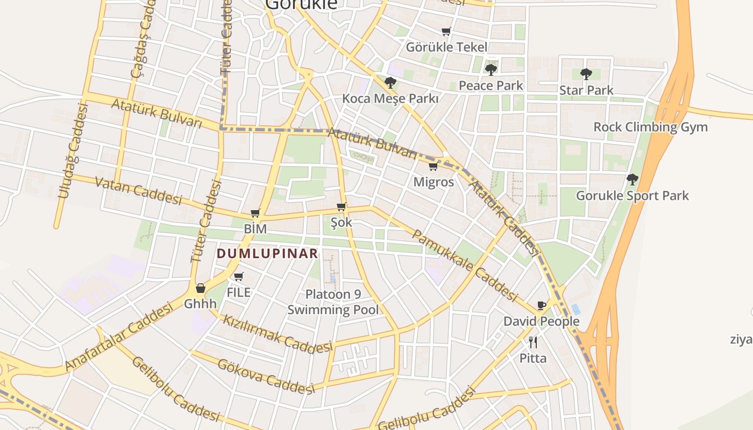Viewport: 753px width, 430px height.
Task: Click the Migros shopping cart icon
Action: pos(433,167)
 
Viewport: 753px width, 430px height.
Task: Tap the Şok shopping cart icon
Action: pos(341,206)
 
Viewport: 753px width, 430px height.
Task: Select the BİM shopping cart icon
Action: pos(255,213)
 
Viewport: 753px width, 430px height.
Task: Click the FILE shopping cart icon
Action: pos(239,277)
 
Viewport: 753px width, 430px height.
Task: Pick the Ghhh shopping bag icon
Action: pos(201,288)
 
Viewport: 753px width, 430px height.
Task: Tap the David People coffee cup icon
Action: pos(542,306)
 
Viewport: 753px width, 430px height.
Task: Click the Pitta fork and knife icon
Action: pos(533,342)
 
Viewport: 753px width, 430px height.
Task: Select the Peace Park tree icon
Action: pos(491,69)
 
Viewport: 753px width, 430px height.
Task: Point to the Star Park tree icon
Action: pos(586,74)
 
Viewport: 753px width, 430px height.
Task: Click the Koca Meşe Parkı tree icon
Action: pos(390,83)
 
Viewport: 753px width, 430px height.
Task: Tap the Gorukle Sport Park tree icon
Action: pos(633,179)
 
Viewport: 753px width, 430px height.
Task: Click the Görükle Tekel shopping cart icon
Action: pos(446,32)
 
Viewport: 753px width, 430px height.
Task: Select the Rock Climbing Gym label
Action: pos(650,127)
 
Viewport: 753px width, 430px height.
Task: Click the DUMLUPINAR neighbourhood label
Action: pos(267,254)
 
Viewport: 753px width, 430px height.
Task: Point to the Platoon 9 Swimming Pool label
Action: pos(333,302)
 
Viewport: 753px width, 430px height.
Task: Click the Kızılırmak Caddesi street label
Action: pos(277,333)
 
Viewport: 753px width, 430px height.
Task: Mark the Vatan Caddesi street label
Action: pos(138,190)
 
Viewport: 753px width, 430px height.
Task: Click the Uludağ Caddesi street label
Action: pos(72,151)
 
